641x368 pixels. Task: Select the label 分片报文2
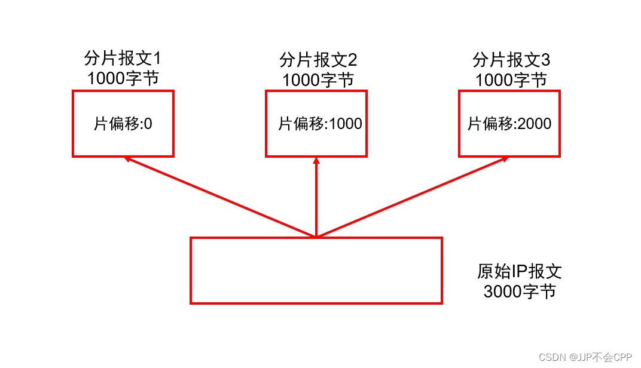[318, 60]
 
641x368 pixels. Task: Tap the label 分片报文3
[511, 60]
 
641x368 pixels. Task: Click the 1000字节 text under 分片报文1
[123, 78]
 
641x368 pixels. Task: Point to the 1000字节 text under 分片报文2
[318, 79]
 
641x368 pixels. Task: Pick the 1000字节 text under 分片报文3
[511, 79]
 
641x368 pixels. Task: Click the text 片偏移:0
[123, 124]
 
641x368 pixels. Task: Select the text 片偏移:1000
[320, 124]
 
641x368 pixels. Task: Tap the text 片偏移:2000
[509, 124]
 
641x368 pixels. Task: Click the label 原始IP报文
[520, 272]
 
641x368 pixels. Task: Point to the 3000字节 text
[520, 292]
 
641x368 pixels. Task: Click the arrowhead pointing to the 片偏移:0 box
[127, 159]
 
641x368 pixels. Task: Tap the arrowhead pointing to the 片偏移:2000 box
[505, 159]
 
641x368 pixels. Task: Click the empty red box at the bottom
[316, 270]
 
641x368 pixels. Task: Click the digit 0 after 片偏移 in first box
[148, 124]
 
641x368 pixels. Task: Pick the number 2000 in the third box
[534, 124]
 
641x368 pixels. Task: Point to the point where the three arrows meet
[316, 236]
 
